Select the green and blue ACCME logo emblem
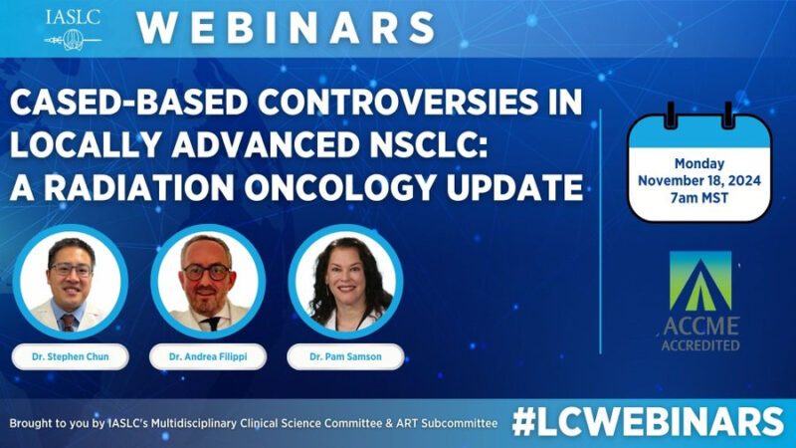point(700,281)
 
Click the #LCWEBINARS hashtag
point(648,422)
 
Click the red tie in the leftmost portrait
point(68,323)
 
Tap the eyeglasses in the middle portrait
point(207,272)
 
